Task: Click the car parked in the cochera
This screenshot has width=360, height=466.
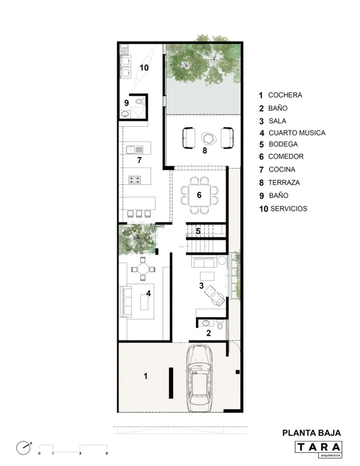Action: (x=199, y=378)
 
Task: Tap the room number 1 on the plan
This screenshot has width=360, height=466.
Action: (x=145, y=376)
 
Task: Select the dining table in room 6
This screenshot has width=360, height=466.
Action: (x=199, y=195)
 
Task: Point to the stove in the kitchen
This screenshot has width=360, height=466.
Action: (x=135, y=180)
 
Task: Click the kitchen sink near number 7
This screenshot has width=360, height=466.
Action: (x=135, y=149)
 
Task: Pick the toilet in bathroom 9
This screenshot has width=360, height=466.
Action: (x=140, y=102)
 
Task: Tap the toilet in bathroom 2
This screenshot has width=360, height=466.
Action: (x=220, y=325)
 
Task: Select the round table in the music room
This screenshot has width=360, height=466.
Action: (x=143, y=269)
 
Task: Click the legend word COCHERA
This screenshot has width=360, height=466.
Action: (x=285, y=95)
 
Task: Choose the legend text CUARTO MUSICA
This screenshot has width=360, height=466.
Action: (x=297, y=133)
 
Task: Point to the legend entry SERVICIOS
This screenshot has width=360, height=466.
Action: (x=289, y=208)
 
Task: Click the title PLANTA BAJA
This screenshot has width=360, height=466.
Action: (x=311, y=433)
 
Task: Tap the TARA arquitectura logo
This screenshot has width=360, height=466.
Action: (x=319, y=449)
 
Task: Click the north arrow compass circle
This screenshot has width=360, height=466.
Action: (x=23, y=448)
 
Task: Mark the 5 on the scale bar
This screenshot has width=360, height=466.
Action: (x=107, y=453)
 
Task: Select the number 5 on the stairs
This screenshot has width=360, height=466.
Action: (x=198, y=231)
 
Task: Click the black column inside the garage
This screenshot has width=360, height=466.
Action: (x=171, y=383)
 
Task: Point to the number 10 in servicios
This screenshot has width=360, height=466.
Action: (x=144, y=68)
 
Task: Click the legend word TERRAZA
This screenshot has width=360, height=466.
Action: (x=284, y=182)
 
